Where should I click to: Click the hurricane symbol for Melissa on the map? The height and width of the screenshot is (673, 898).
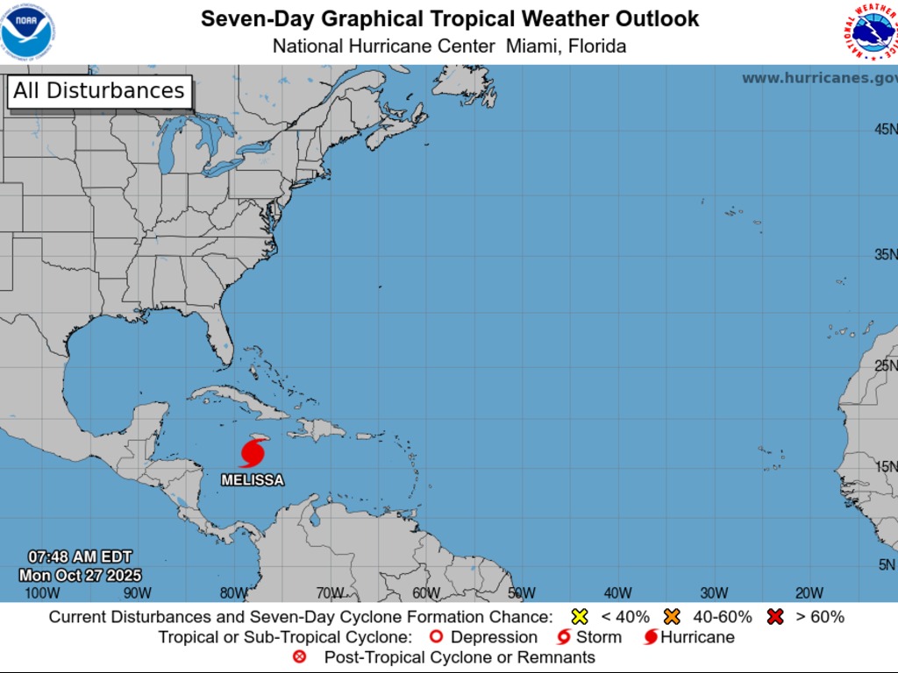point(252,454)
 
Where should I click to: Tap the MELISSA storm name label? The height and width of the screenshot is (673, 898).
point(253,480)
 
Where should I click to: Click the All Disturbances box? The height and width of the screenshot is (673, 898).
point(99,91)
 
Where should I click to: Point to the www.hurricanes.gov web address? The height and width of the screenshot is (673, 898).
point(819,78)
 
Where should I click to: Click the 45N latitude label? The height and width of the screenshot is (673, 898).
point(885,130)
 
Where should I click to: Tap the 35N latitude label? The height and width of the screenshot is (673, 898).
point(885,255)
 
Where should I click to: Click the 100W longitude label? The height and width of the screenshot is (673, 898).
point(42,593)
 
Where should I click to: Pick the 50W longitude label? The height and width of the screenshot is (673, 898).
point(521,593)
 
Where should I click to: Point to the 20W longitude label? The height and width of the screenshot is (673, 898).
point(809,593)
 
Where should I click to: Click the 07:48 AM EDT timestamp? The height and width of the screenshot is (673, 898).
point(80,557)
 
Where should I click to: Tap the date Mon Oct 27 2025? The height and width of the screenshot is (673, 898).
point(80,575)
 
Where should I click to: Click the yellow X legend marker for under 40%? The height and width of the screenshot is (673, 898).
point(580,617)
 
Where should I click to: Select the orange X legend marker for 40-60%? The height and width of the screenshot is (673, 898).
point(673,617)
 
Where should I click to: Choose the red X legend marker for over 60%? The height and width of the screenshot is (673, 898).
point(774,617)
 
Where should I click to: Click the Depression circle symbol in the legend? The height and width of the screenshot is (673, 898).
point(435,637)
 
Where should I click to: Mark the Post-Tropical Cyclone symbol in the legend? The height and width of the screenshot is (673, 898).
point(300,657)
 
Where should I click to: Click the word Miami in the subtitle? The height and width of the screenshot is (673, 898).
point(531,46)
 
